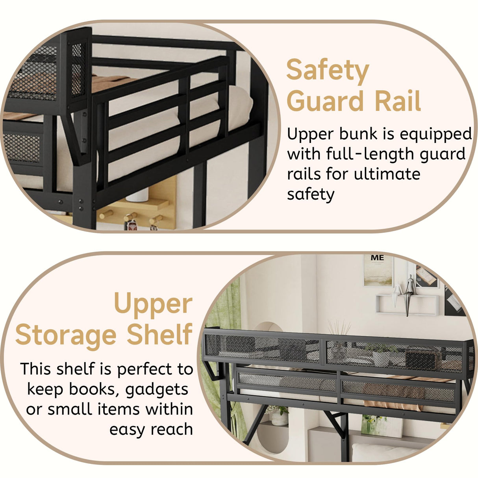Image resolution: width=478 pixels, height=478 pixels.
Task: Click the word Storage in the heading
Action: pyautogui.click(x=66, y=335)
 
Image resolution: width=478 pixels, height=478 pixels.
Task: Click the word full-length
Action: pyautogui.click(x=367, y=154)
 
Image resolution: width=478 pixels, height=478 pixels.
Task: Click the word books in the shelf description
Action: pyautogui.click(x=93, y=389)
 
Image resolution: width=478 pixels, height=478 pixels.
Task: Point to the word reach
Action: pyautogui.click(x=172, y=429)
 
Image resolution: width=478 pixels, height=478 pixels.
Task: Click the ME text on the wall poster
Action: pyautogui.click(x=377, y=258)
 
